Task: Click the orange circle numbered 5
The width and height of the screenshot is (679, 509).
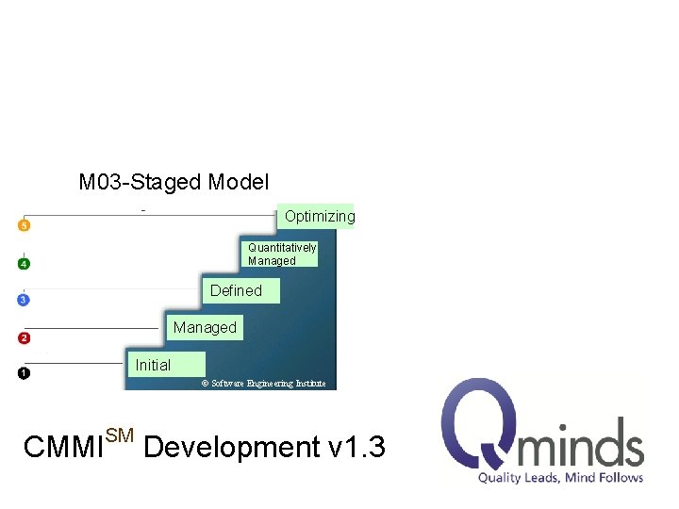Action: tap(24, 225)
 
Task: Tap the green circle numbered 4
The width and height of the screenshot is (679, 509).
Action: tap(24, 263)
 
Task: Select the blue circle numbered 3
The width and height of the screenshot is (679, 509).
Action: tap(24, 300)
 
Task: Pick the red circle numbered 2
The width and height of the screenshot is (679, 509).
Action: tap(24, 337)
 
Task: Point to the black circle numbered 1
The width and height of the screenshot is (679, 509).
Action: tap(24, 373)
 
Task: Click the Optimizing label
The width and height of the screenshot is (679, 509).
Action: tap(319, 217)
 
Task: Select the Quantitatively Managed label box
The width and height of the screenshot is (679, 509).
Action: tap(281, 254)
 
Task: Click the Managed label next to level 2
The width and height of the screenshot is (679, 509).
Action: tap(205, 327)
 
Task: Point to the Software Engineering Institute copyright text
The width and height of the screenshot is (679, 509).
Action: tap(264, 384)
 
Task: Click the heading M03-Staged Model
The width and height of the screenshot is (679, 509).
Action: tap(174, 182)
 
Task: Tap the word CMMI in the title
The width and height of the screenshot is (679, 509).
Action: tap(63, 448)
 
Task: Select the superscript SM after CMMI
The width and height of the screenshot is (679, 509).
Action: tap(120, 435)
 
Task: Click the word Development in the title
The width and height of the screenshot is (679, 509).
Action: tap(232, 447)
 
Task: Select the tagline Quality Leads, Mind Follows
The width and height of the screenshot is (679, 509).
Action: tap(560, 478)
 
